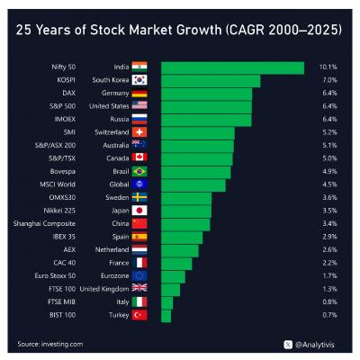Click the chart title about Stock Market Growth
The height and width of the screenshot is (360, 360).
[x=180, y=30]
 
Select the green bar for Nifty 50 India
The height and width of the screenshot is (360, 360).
[x=232, y=67]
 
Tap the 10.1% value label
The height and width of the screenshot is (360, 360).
[x=328, y=67]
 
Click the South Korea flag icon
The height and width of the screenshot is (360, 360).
[x=139, y=80]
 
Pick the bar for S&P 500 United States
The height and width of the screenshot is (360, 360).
[x=206, y=106]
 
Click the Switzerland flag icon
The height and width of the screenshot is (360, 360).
[x=139, y=132]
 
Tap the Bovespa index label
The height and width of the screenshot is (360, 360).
[x=61, y=171]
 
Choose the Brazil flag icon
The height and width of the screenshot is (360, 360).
[x=139, y=171]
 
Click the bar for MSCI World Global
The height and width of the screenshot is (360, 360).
[x=193, y=184]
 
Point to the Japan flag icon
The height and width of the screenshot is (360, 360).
[x=139, y=211]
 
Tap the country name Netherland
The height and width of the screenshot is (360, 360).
[x=106, y=249]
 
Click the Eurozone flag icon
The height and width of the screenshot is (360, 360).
[x=139, y=275]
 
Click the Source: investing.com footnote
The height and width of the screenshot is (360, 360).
[x=50, y=343]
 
